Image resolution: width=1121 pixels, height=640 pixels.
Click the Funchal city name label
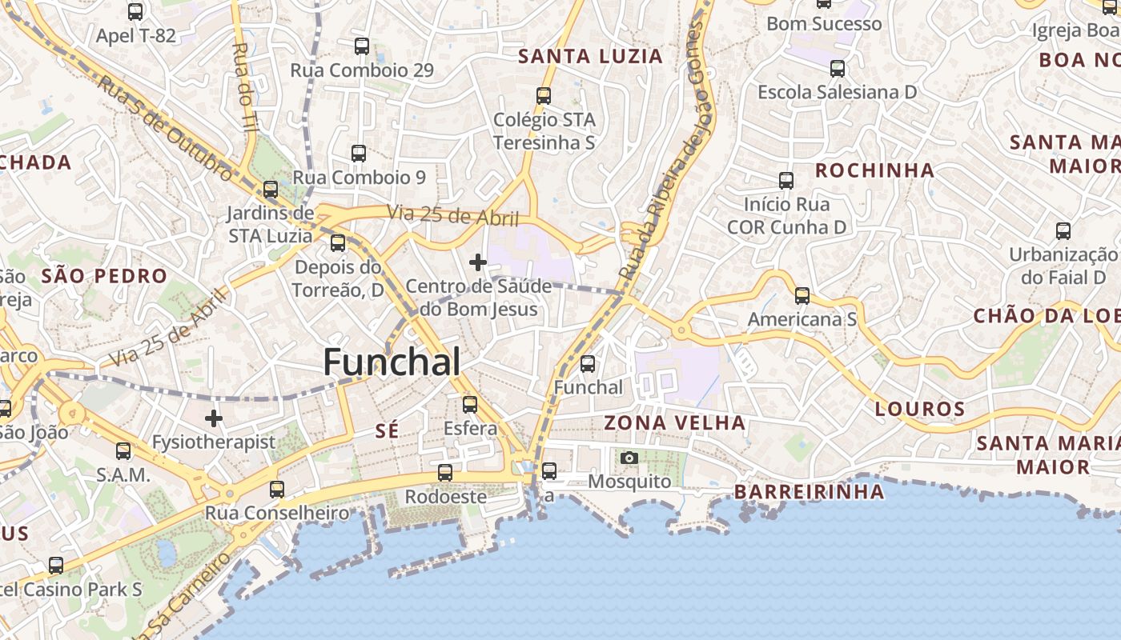[392, 362]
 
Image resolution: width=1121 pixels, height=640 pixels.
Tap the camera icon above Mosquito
[629, 458]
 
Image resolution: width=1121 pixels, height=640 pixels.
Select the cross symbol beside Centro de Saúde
[478, 262]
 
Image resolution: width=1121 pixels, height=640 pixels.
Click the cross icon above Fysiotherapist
[214, 418]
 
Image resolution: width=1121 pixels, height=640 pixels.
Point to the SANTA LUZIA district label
[591, 57]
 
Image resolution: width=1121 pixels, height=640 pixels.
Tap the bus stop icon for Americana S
[802, 296]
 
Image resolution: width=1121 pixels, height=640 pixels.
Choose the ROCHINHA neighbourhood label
[874, 170]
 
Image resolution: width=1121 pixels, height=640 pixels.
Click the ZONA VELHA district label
[675, 422]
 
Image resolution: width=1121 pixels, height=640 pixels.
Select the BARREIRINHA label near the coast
[809, 491]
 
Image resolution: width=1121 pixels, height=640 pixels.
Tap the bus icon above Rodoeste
[445, 473]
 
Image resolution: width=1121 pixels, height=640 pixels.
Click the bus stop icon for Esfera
[470, 405]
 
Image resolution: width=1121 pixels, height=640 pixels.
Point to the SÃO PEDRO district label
[104, 277]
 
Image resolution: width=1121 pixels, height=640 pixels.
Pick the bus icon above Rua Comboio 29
[362, 46]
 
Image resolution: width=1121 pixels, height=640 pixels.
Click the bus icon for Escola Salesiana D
[838, 69]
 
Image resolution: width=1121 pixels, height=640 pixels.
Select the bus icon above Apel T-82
[135, 12]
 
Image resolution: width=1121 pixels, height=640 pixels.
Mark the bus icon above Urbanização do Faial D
[1063, 231]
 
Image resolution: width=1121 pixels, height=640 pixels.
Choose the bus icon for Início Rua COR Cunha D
[786, 181]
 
